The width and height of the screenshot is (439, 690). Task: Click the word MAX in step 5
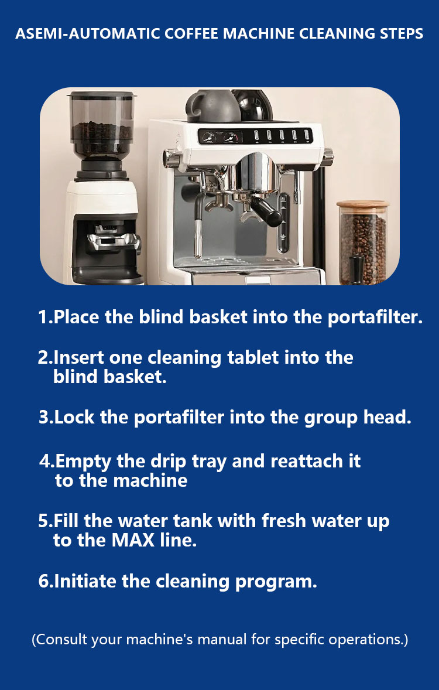pos(133,540)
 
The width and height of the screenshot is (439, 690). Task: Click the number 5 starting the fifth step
pos(43,521)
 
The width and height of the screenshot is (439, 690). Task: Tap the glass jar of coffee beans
pos(363,242)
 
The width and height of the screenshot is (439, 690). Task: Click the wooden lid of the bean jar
pos(363,204)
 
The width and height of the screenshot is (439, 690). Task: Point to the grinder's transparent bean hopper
pos(102,125)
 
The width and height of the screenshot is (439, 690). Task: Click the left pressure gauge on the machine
pos(209,137)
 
